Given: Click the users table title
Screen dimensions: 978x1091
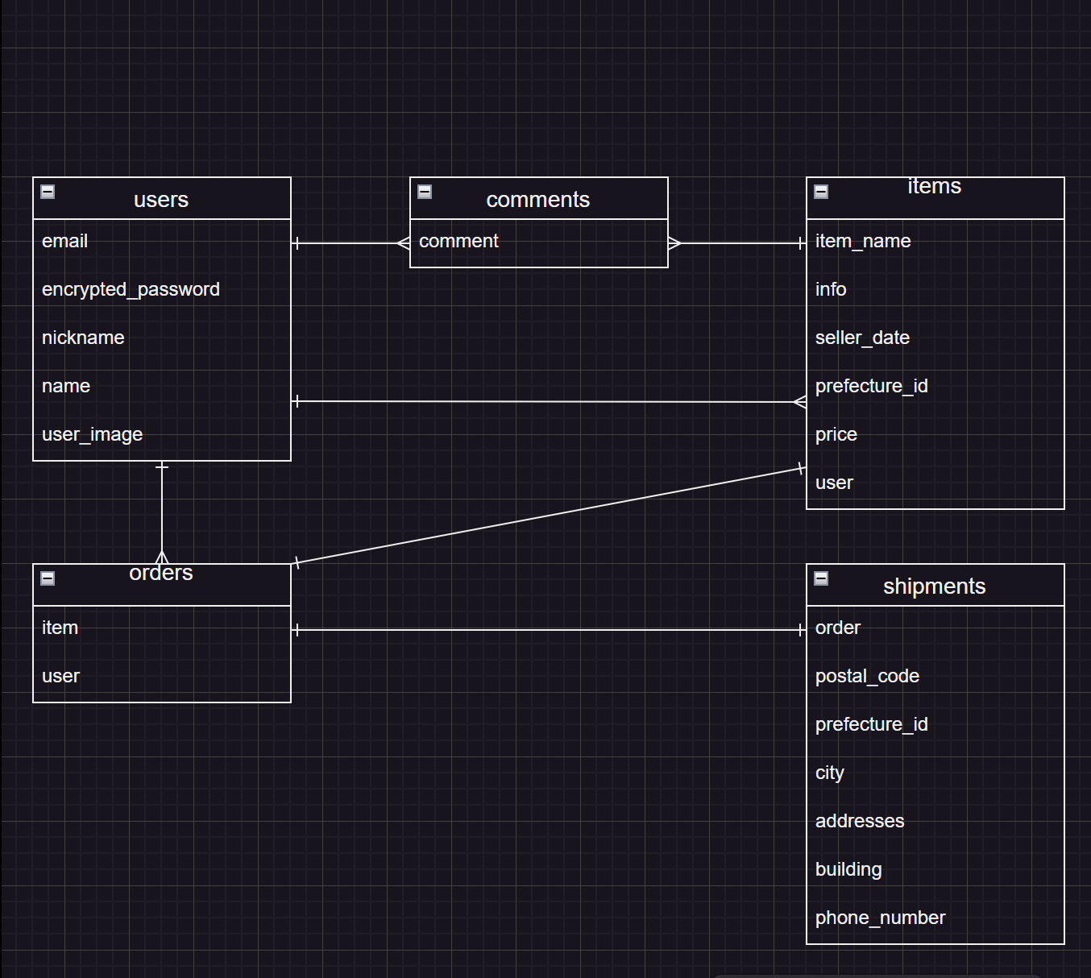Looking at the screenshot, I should point(161,200).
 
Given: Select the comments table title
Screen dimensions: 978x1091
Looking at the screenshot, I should point(537,200).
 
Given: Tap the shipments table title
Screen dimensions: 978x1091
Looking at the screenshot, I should point(934,586).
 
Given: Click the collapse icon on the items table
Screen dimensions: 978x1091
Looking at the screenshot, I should point(821,192).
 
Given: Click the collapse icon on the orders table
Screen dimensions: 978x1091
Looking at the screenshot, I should point(48,578).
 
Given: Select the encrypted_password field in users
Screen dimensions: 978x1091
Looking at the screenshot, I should point(131,289).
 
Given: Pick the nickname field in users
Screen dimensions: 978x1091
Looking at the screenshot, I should point(83,338).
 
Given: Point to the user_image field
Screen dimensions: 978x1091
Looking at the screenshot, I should point(92,434).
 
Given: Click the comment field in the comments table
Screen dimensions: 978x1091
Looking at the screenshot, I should point(458,241).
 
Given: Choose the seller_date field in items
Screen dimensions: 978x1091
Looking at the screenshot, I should point(862,338).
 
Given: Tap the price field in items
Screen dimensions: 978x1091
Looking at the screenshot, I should point(836,434).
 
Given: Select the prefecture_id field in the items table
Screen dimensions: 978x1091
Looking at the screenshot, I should point(871,386).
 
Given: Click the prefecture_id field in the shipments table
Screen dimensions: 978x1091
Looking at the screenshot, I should point(871,724).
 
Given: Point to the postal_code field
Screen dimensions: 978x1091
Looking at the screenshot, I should point(867,676).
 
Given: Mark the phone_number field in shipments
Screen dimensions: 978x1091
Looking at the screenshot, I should point(880,918).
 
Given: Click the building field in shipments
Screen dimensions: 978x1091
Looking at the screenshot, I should point(848,869).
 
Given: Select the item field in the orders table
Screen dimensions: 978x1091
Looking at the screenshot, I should point(60,628).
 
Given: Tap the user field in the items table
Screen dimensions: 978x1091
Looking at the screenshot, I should point(834,483).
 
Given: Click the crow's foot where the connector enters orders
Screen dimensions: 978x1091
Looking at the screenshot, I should point(162,557).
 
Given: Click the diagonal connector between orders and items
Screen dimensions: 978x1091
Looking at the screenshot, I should point(548,516).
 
